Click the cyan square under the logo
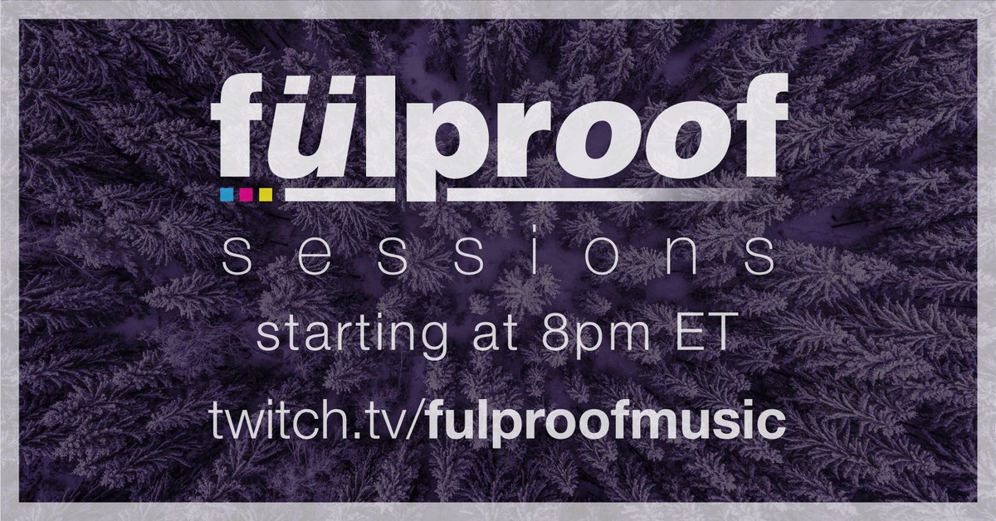[226, 195]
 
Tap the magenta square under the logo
[246, 195]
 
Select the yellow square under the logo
[266, 195]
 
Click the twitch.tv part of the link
[315, 423]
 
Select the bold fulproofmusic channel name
[605, 423]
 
